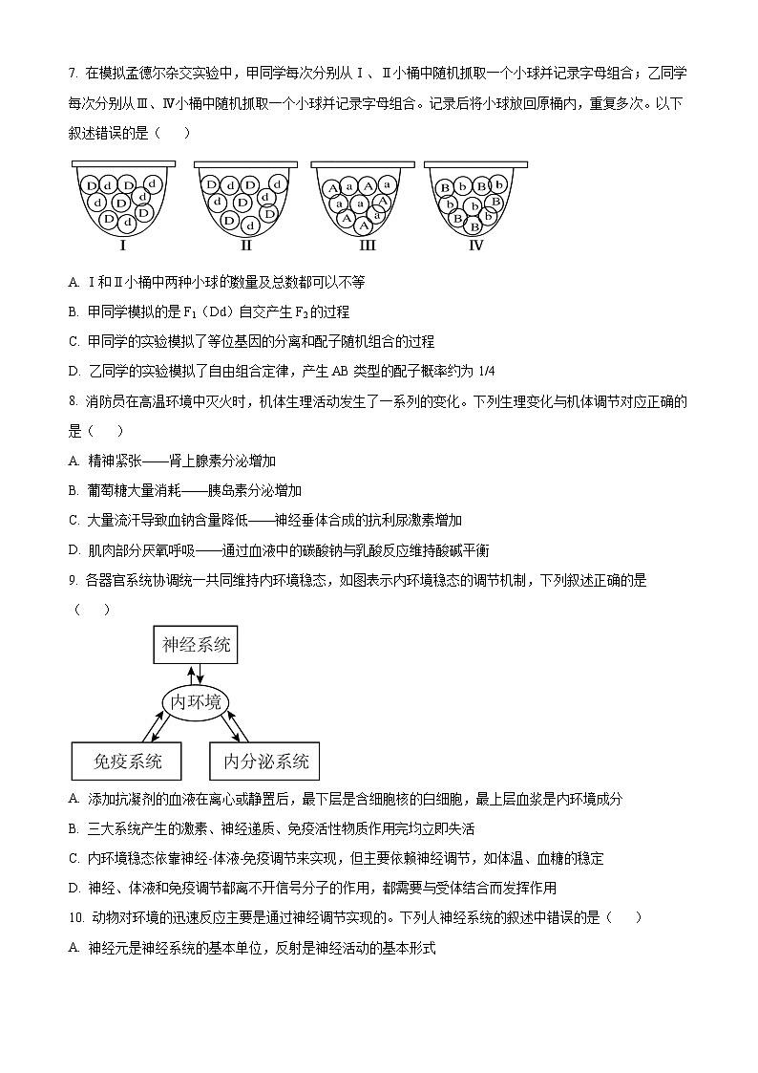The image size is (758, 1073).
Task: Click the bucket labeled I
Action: point(123,197)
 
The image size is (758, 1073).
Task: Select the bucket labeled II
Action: point(245,197)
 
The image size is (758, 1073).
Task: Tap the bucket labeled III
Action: point(362,197)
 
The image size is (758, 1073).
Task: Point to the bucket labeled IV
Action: point(474,197)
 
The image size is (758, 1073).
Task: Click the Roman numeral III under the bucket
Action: point(367,245)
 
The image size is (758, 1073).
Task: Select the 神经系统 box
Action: point(197,645)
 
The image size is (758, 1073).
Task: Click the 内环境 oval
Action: point(197,702)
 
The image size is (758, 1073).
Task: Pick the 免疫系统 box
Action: point(127,762)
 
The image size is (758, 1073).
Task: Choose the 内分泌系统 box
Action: point(265,762)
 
